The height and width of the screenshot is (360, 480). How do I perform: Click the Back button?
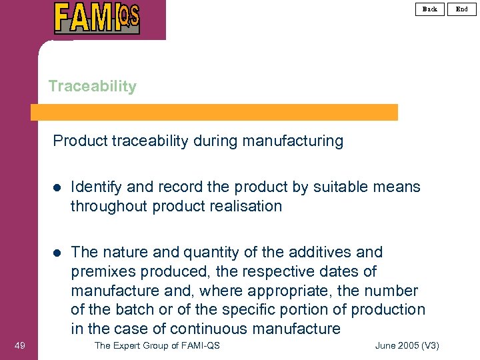pos(430,9)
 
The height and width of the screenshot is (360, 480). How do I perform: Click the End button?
pos(462,9)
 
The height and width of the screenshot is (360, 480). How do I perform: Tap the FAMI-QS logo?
pos(97,18)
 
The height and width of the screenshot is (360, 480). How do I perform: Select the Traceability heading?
pos(92,86)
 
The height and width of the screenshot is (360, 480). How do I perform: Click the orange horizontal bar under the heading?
pos(214,112)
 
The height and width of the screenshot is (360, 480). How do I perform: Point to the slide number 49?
pos(19,345)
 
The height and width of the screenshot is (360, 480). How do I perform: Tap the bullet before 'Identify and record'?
pos(57,187)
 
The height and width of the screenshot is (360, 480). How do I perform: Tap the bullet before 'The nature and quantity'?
pos(57,253)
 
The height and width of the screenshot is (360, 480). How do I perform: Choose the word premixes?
pos(104,271)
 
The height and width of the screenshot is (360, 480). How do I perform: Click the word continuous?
pos(207,329)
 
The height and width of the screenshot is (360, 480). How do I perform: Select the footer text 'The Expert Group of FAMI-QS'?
pos(157,345)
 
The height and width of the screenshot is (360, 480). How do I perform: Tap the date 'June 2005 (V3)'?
pos(407,345)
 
